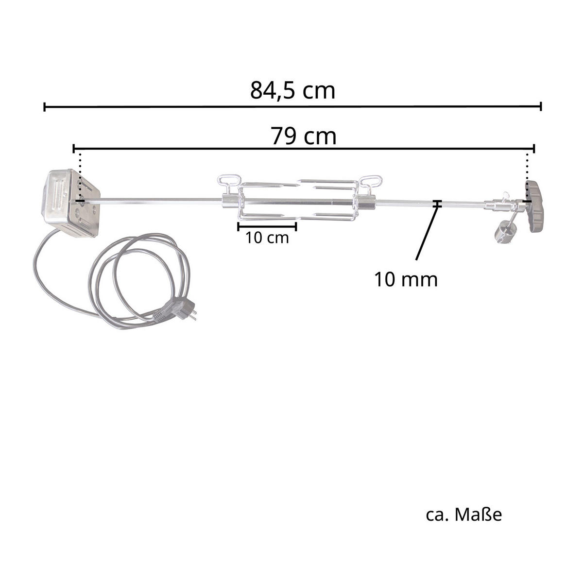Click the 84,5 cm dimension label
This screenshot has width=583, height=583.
292,90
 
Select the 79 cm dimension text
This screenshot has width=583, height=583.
303,136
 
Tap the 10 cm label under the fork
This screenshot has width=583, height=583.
267,238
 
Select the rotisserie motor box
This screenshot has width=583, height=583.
70,203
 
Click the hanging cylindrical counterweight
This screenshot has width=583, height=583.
503,232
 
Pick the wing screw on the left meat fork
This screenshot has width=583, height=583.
229,184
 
